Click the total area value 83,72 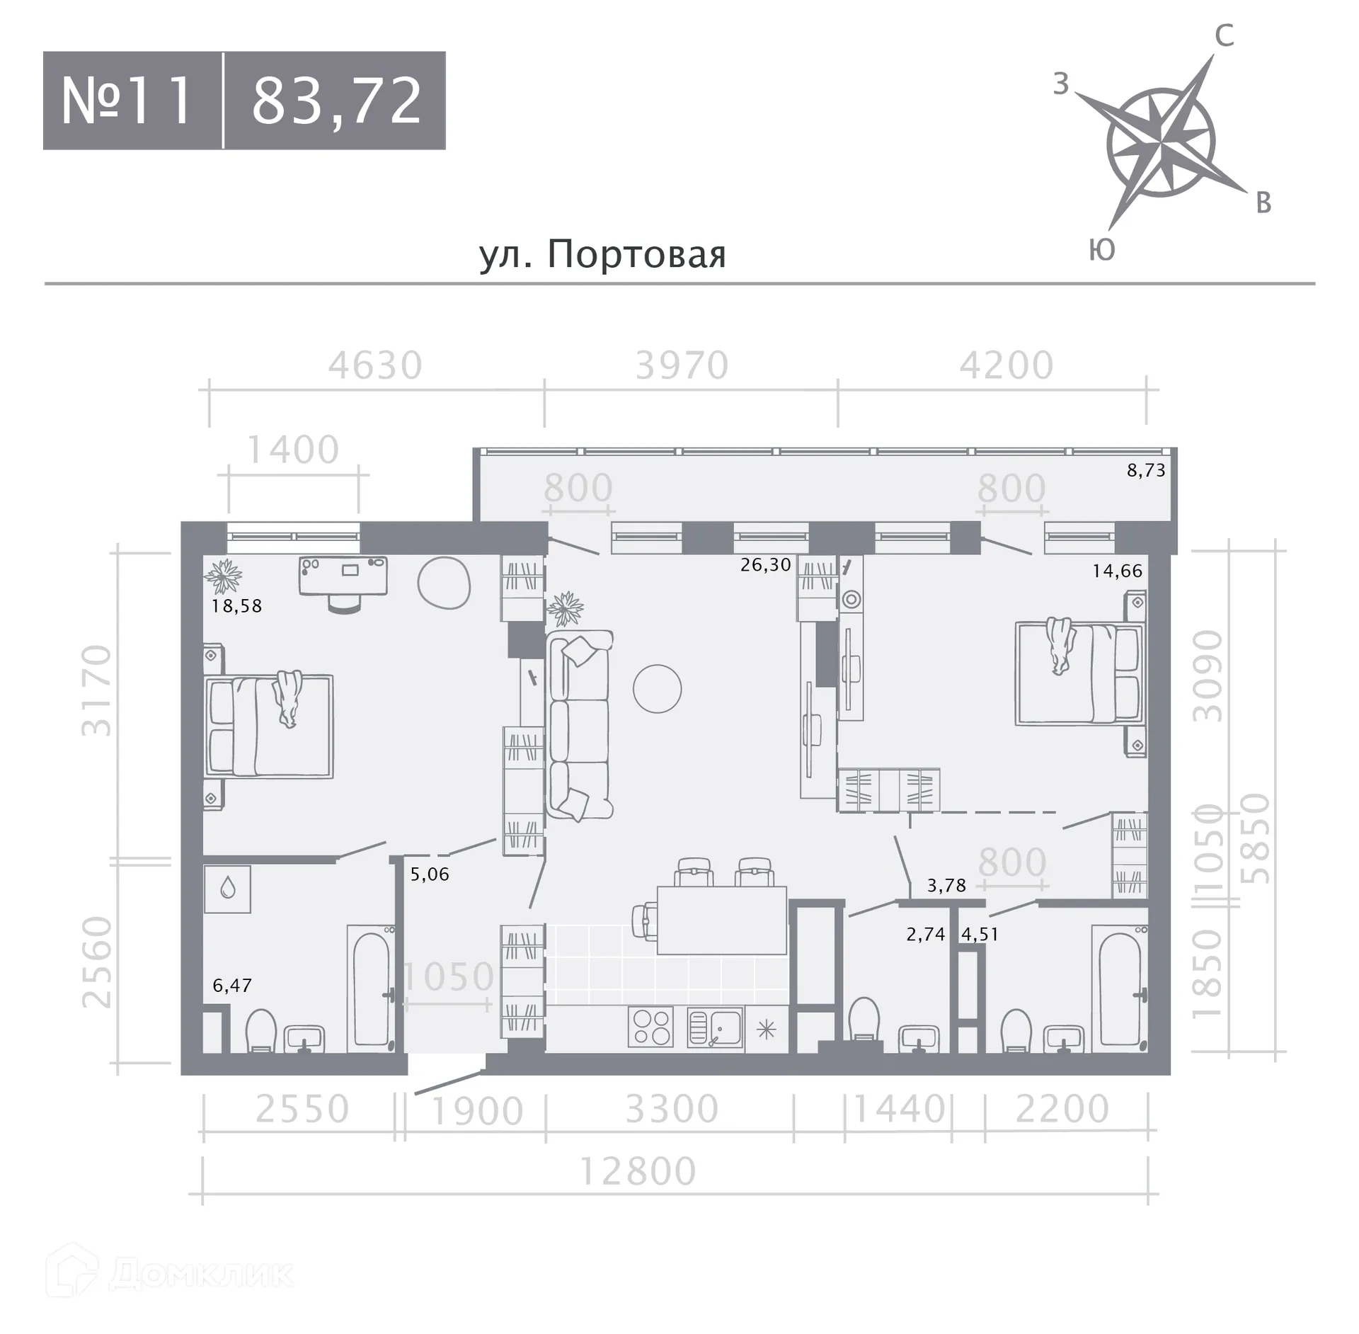(x=337, y=101)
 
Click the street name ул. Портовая (x=602, y=254)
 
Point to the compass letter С (x=1225, y=35)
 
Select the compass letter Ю (x=1102, y=250)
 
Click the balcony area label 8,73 (x=1146, y=470)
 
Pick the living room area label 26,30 (x=765, y=564)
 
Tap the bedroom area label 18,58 (x=236, y=606)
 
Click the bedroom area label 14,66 (x=1117, y=571)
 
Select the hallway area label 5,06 (x=430, y=874)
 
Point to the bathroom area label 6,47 (x=232, y=985)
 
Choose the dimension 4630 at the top (x=375, y=366)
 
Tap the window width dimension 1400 (x=293, y=450)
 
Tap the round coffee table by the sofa (x=657, y=688)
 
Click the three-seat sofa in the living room (x=579, y=726)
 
